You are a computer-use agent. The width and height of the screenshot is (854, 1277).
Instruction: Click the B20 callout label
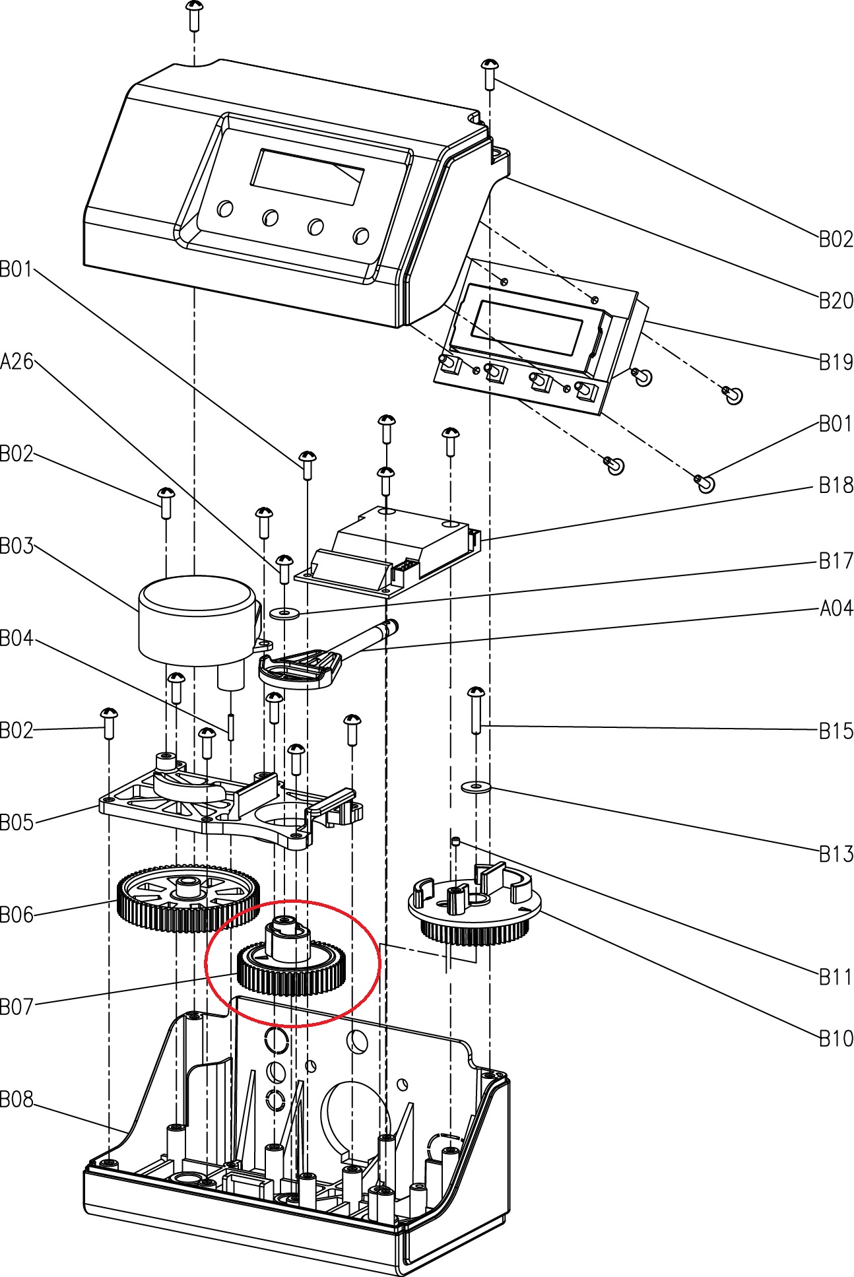[x=836, y=301]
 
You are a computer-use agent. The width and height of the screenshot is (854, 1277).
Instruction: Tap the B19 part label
[x=836, y=362]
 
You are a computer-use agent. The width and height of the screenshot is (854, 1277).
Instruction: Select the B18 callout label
[x=836, y=486]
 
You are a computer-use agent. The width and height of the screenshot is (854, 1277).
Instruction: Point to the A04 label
[x=836, y=608]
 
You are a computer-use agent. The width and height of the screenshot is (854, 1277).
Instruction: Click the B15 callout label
[x=836, y=731]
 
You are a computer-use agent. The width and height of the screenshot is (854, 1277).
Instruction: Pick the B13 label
[x=836, y=854]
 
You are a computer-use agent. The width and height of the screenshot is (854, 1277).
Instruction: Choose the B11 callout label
[x=836, y=977]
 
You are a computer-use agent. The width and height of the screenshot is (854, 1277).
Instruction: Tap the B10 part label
[x=836, y=1039]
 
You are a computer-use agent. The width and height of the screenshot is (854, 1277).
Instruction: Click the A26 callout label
[x=17, y=362]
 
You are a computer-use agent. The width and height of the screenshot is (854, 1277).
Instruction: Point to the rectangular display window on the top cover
[x=307, y=176]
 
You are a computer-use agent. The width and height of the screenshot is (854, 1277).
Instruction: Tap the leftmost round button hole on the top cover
[x=225, y=209]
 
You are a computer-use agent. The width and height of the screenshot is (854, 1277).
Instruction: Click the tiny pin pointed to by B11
[x=455, y=841]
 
